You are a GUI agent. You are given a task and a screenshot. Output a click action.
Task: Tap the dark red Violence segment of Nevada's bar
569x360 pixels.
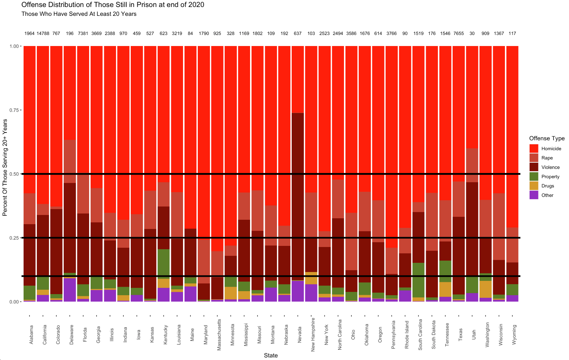298,195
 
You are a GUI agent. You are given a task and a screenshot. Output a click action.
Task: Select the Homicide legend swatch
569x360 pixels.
534,149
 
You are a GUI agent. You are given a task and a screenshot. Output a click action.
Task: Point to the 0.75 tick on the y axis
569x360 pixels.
15,110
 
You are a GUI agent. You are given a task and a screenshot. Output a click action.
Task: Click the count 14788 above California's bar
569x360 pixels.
43,33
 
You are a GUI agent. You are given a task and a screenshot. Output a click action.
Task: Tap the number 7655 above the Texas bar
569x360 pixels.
459,33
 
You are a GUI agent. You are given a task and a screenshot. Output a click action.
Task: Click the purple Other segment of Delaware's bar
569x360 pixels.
70,290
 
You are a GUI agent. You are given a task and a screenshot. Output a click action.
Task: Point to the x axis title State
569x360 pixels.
271,356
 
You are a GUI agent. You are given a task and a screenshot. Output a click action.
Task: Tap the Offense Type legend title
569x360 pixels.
547,138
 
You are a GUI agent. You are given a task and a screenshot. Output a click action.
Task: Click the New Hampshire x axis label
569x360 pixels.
313,335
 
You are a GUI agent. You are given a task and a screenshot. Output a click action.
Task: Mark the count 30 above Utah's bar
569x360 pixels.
472,33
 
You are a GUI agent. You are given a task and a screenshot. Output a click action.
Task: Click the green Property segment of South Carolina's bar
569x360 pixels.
418,280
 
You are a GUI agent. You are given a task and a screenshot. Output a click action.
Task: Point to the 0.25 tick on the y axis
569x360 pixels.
15,238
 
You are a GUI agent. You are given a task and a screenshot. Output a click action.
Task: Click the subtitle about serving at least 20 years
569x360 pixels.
79,14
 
